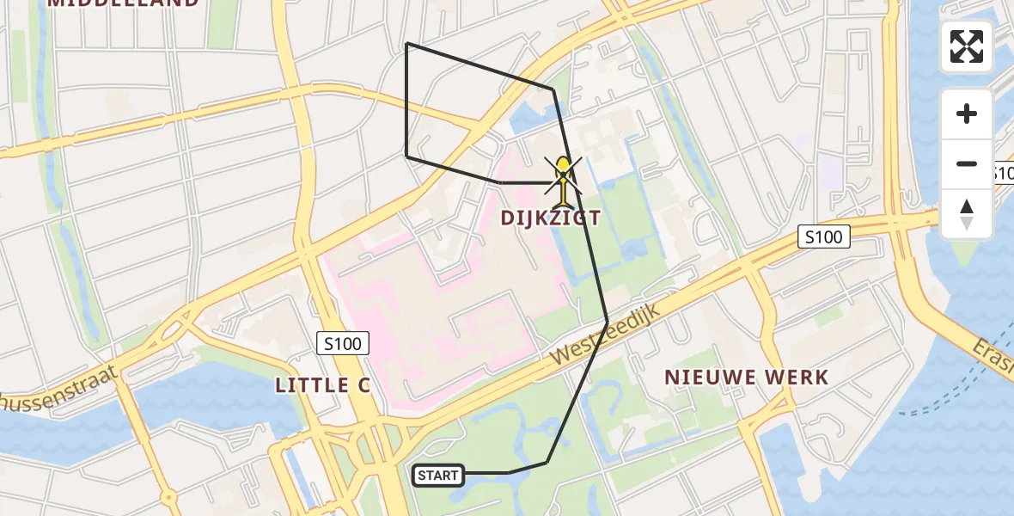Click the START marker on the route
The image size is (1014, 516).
coord(438,475)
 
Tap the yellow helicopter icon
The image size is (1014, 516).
coord(563,180)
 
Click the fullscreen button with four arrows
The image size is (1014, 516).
coord(967,46)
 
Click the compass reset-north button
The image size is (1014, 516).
coord(967,214)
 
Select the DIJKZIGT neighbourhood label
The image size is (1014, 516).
coord(551,218)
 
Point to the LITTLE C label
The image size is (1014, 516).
coord(322,386)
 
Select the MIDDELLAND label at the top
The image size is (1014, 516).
coord(123,3)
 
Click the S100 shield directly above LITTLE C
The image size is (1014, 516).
coord(343,344)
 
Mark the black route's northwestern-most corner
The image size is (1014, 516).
coord(406,43)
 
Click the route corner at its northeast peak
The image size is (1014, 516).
coord(553,89)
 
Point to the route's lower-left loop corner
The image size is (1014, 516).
coord(406,157)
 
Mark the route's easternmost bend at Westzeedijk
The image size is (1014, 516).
coord(608,322)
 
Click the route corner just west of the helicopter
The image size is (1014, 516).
coord(502,182)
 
